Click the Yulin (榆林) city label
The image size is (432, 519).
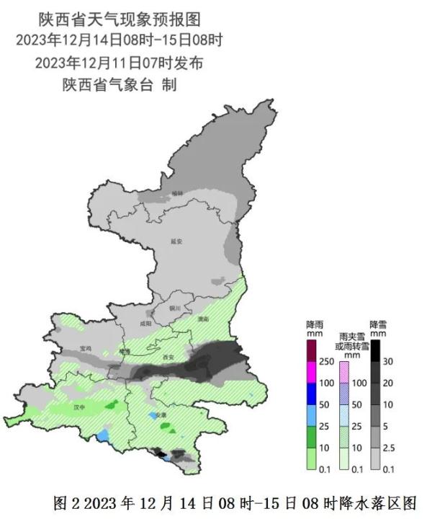(x=178, y=194)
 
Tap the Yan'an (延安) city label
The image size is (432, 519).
(x=177, y=241)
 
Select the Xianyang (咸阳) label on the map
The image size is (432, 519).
(x=147, y=324)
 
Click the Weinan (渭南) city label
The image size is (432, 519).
(x=202, y=318)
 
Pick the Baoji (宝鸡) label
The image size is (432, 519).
(x=86, y=348)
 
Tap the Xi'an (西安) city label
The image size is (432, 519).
(x=169, y=357)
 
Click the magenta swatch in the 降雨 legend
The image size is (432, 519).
(x=311, y=373)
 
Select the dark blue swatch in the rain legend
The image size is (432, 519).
(x=311, y=394)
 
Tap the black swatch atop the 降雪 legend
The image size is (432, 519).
(x=374, y=351)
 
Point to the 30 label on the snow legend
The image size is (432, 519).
(x=387, y=361)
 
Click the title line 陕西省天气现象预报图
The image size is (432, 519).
(x=120, y=17)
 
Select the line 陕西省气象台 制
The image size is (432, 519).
(x=120, y=84)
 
